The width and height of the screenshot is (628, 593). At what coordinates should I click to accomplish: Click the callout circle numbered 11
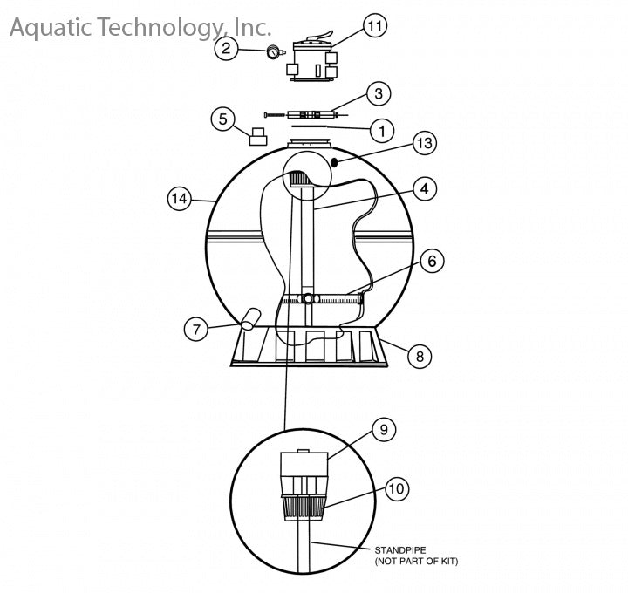pyautogui.click(x=375, y=25)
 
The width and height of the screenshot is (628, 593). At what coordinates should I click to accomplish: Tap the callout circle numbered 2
pyautogui.click(x=226, y=49)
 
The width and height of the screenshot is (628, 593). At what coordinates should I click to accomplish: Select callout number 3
pyautogui.click(x=379, y=93)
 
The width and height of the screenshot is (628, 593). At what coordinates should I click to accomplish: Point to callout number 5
pyautogui.click(x=223, y=119)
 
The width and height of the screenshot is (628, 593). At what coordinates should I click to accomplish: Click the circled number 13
pyautogui.click(x=425, y=143)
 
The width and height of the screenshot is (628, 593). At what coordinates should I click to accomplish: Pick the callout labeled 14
pyautogui.click(x=180, y=198)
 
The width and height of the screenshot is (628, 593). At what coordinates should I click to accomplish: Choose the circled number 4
pyautogui.click(x=425, y=188)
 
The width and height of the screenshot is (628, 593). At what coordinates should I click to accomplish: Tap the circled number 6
pyautogui.click(x=432, y=261)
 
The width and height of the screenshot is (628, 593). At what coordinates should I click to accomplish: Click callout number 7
pyautogui.click(x=196, y=329)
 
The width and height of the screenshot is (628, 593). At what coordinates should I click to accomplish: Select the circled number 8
pyautogui.click(x=420, y=356)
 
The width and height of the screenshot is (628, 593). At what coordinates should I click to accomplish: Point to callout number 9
pyautogui.click(x=384, y=430)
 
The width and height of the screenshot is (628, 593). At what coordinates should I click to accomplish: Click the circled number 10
pyautogui.click(x=397, y=488)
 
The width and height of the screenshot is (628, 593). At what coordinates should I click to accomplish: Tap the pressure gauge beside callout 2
pyautogui.click(x=274, y=52)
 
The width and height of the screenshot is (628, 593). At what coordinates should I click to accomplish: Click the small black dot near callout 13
pyautogui.click(x=335, y=161)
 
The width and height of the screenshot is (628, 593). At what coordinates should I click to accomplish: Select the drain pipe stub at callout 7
pyautogui.click(x=249, y=318)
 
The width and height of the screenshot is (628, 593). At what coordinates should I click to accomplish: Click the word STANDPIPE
pyautogui.click(x=395, y=550)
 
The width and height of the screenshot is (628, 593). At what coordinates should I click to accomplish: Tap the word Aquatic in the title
pyautogui.click(x=51, y=27)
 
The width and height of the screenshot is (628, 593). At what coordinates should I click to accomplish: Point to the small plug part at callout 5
pyautogui.click(x=258, y=136)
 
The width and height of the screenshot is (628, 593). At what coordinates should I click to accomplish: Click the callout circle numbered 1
pyautogui.click(x=382, y=131)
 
